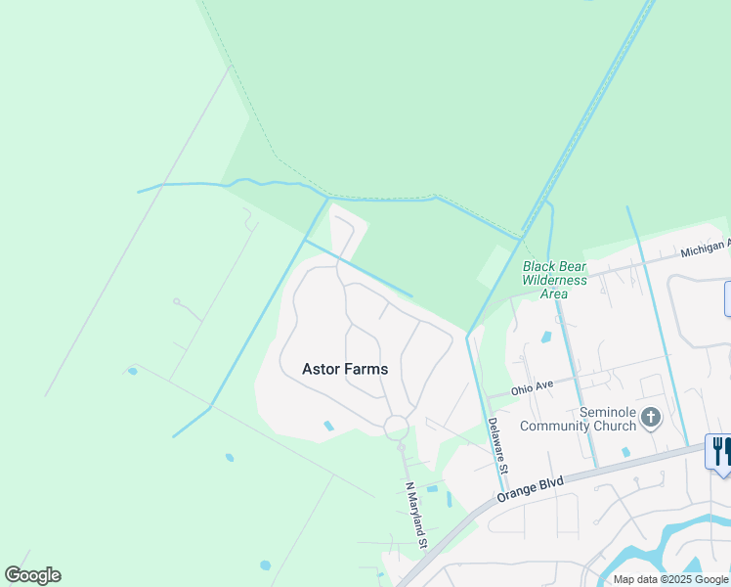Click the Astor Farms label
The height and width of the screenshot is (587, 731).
[x=345, y=370]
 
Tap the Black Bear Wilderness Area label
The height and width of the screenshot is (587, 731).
[x=554, y=280]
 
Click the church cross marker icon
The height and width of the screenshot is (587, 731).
[x=651, y=419]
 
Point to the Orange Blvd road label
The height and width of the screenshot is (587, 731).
[x=528, y=486]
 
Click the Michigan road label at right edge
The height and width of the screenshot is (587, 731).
[x=705, y=248]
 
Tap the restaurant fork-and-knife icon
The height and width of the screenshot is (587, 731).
[x=721, y=451]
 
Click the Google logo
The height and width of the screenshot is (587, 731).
[x=32, y=575]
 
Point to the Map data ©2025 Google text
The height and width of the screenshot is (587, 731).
[x=671, y=579]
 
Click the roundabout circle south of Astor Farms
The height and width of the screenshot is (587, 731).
[x=396, y=428]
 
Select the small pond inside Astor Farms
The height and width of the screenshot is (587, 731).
[x=328, y=426]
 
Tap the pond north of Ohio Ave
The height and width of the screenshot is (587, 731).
[x=545, y=338]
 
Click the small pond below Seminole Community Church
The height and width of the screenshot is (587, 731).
[x=625, y=452]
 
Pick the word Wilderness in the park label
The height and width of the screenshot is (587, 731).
[x=554, y=280]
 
